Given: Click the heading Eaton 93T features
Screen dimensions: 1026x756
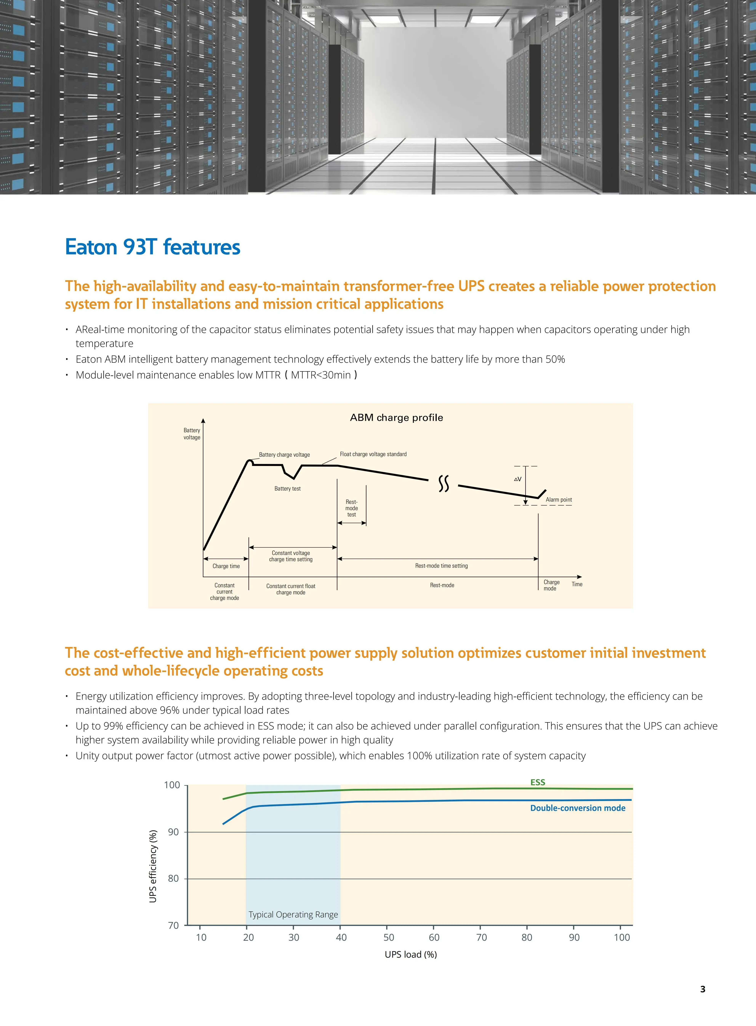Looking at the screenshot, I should [152, 247].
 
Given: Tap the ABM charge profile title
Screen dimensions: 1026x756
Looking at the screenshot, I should [396, 418].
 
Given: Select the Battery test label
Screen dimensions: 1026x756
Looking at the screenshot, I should [287, 489].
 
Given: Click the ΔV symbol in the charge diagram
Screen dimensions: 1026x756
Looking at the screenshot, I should [518, 479].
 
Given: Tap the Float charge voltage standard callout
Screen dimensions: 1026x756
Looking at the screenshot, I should [373, 454].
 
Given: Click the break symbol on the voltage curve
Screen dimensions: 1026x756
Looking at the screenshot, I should [443, 483].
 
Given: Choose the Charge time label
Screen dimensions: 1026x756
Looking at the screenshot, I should [226, 566].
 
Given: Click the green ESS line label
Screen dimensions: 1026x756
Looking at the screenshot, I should [538, 782].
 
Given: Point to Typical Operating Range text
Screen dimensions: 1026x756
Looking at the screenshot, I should [293, 914].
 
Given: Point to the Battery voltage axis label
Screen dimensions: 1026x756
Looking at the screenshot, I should [192, 434].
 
